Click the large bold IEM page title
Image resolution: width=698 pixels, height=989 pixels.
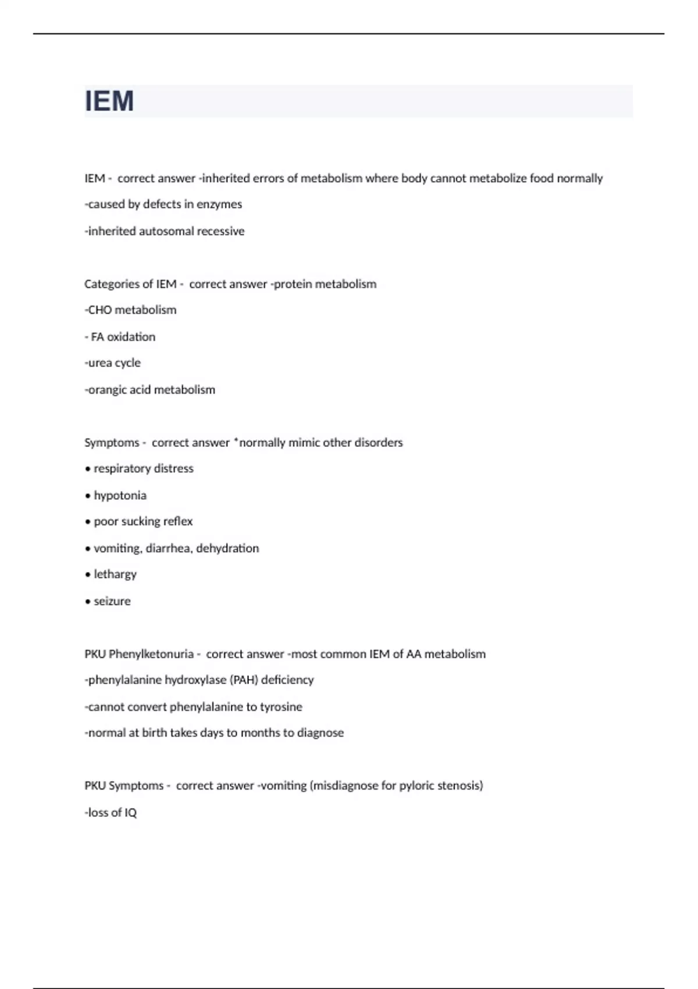coord(109,101)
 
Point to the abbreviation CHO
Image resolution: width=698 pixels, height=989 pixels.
coord(99,310)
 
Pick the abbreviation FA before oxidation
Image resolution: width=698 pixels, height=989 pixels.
coord(97,337)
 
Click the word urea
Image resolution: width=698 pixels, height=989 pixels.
coord(99,363)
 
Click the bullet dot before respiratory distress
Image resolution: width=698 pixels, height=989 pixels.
coord(88,469)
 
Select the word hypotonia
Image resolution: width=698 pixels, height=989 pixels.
coord(120,496)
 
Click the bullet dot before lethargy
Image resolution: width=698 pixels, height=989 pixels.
coord(88,575)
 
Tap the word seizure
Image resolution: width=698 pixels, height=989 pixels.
coord(112,601)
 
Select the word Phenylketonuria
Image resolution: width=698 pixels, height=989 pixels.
coord(151,654)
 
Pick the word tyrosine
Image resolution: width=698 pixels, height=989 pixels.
coord(281,707)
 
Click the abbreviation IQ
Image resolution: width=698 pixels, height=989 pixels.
coord(130,813)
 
